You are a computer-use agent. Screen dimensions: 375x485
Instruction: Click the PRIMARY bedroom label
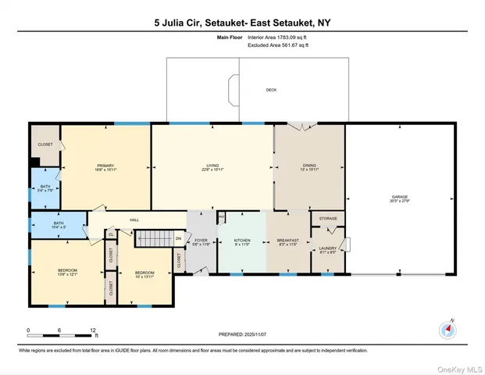coord(105,166)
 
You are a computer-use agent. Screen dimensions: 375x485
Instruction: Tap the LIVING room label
coord(212,166)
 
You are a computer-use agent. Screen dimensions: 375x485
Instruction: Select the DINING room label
coord(309,166)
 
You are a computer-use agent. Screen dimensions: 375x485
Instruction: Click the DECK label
coord(271,90)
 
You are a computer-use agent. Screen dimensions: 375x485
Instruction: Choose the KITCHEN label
coord(242,241)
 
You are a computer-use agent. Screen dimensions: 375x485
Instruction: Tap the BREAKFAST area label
coord(288,241)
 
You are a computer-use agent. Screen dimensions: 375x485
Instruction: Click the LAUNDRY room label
coord(327,248)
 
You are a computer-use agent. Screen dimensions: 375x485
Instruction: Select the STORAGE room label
coord(328,219)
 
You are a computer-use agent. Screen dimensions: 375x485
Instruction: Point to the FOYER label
coord(201,241)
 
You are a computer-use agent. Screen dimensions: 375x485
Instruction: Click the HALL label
coord(134,221)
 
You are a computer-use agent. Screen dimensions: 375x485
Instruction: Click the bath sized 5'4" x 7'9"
coord(45,188)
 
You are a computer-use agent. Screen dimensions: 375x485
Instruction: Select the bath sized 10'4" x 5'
coord(59,225)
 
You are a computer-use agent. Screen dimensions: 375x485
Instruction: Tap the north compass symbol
coord(448,329)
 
